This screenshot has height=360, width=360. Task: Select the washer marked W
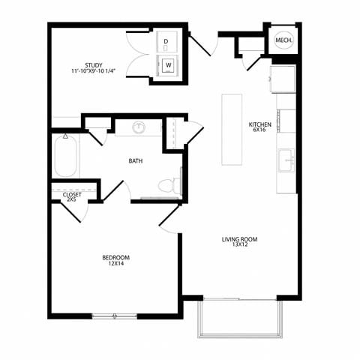[x=167, y=65]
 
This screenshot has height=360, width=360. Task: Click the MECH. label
[x=283, y=40]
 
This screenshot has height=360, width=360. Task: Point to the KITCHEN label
[x=259, y=124]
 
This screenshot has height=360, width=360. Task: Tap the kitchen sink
[x=285, y=160]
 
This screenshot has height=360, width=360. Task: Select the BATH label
[x=136, y=160]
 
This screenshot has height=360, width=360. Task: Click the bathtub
[x=65, y=156]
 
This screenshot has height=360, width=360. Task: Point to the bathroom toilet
[x=170, y=184]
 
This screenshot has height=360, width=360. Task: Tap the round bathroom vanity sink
[x=139, y=127]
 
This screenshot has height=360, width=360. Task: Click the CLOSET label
[x=72, y=194]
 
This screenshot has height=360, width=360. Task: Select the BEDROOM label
[x=116, y=258]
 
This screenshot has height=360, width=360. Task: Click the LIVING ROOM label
[x=239, y=239]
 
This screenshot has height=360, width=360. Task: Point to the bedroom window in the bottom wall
[x=114, y=316]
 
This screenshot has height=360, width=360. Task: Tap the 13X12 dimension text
[x=239, y=246]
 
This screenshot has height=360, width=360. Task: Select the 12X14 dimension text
[x=116, y=265]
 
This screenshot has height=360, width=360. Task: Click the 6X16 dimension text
[x=259, y=130]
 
